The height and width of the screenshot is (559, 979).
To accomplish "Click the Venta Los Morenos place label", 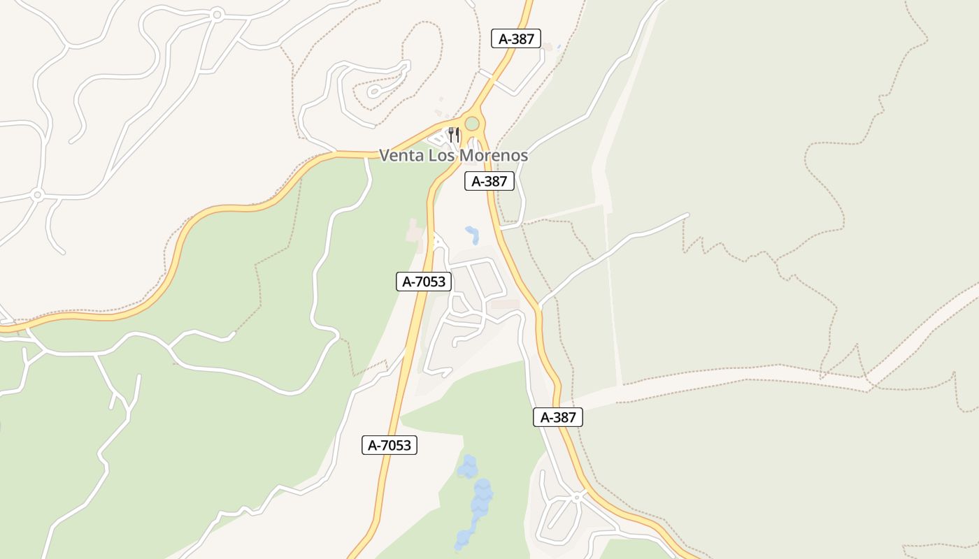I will [453, 155].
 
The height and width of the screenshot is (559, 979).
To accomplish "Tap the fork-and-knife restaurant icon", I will [454, 134].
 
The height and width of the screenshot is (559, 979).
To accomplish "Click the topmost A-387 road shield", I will [516, 39].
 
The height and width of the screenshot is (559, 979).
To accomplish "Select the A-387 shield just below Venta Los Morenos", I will [489, 182].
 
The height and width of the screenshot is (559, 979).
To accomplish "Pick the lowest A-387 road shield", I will [557, 417].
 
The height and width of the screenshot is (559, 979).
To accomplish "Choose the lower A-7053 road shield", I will [390, 445].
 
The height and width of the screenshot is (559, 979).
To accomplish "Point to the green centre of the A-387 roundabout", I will [472, 124].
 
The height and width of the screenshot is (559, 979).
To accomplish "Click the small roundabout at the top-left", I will [217, 14].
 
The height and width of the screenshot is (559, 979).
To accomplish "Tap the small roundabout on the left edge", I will [37, 194].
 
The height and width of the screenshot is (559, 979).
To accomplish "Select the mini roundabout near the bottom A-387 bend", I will [577, 497].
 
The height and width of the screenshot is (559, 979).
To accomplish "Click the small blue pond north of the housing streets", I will [473, 234].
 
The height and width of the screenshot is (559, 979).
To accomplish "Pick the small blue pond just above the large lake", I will [467, 465].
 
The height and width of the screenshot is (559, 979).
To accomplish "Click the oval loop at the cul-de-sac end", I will [375, 91].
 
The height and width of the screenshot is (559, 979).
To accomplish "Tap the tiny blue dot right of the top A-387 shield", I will [559, 46].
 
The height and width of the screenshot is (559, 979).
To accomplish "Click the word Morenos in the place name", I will [497, 155].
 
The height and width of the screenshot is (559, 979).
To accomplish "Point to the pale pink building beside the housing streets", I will [505, 304].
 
